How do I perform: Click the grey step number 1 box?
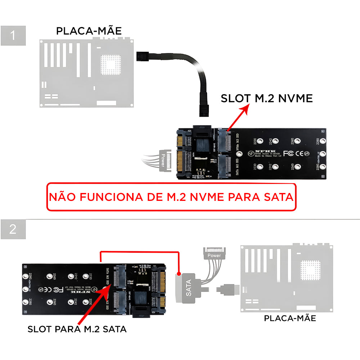click(x=13, y=36)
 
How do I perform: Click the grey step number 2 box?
click(x=13, y=229)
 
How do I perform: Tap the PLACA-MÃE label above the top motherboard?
click(x=89, y=31)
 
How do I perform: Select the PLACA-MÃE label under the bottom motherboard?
click(x=290, y=318)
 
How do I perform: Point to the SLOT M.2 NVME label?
click(x=267, y=98)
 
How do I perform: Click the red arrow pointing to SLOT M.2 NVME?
click(x=238, y=117)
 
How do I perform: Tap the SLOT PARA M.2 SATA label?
click(x=77, y=329)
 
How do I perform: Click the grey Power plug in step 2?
click(x=214, y=254)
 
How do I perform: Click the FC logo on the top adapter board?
click(x=288, y=153)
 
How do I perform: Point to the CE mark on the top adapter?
click(x=298, y=153)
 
